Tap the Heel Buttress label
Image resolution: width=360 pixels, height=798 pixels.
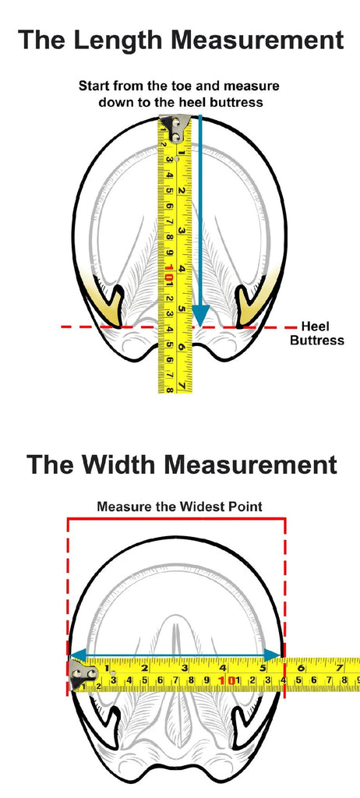[317, 334]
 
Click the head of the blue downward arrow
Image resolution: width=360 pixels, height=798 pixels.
[200, 316]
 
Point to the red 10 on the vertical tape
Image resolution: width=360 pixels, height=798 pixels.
[169, 273]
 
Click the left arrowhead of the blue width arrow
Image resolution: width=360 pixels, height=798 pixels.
[76, 655]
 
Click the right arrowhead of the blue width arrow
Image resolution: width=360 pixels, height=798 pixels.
[274, 655]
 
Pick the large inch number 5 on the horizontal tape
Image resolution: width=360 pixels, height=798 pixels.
[263, 667]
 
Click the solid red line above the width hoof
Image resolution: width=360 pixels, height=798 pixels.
[176, 518]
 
